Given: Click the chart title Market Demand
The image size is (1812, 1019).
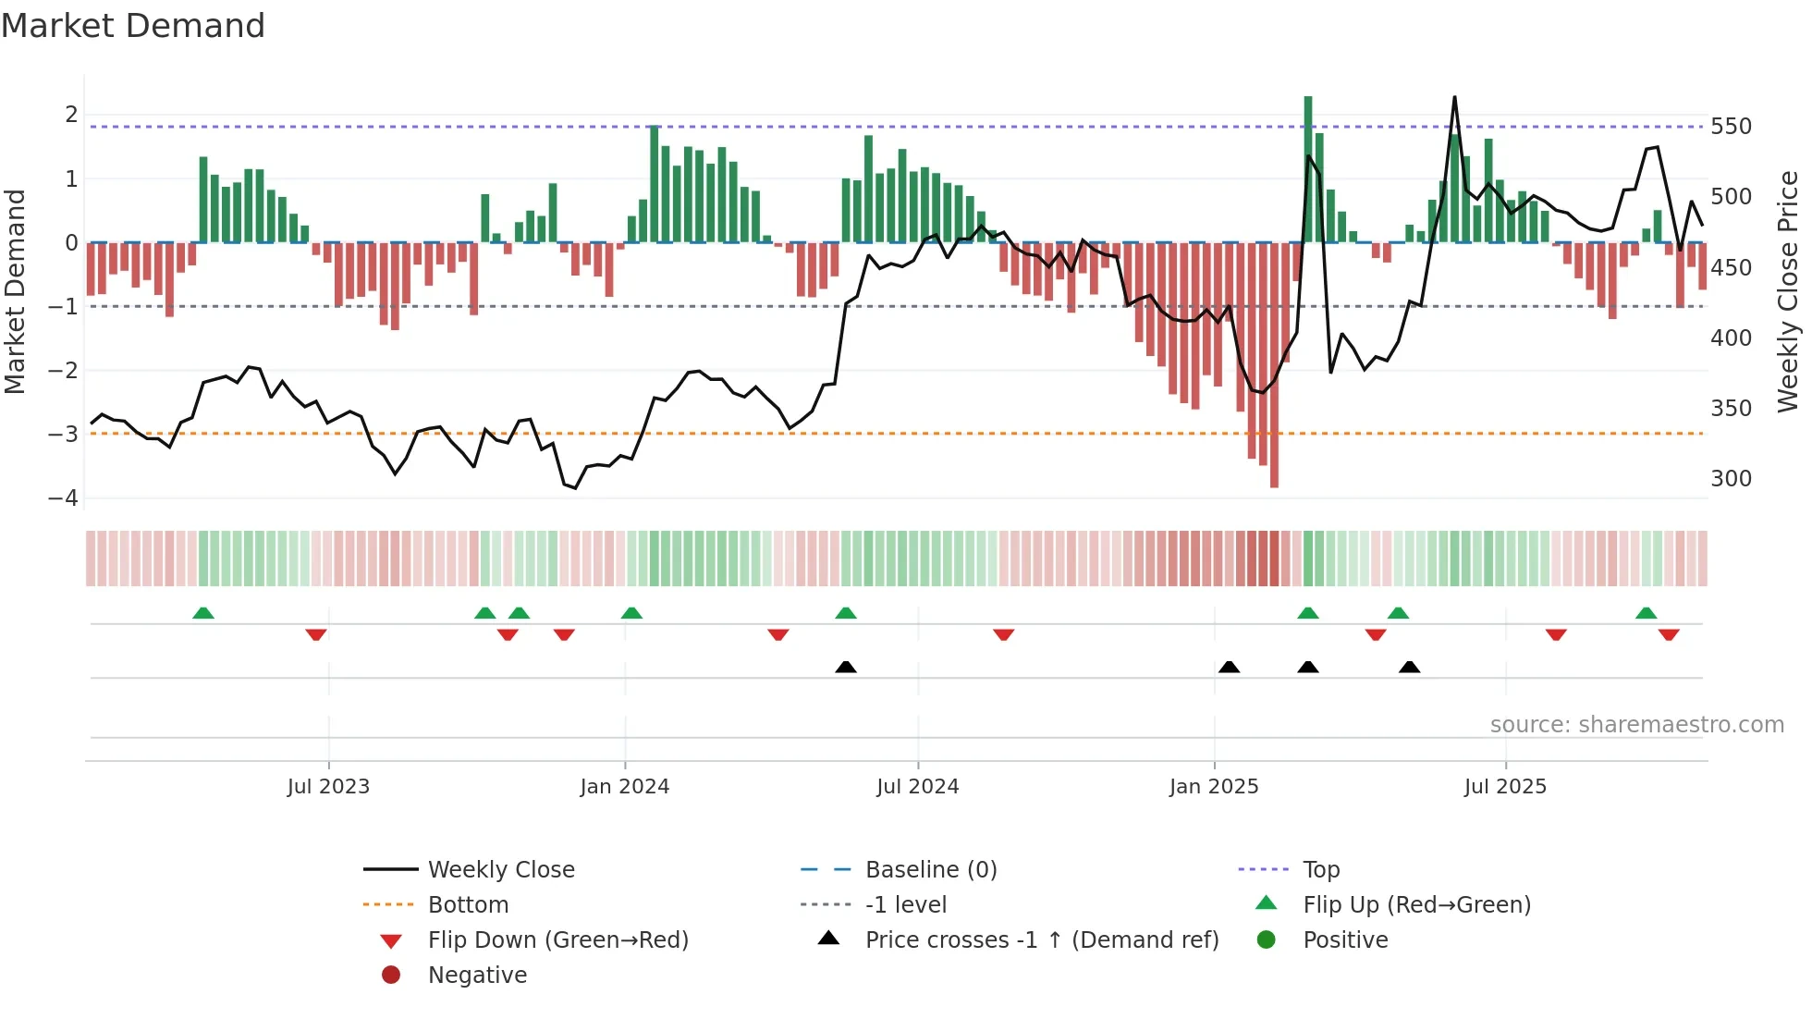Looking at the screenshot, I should coord(133,26).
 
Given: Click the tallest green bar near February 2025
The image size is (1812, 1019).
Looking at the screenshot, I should coord(1307,166).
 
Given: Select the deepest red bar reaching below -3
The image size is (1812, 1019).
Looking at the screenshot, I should coord(1274,370).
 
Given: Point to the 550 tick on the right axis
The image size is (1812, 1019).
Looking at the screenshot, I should coord(1731,127).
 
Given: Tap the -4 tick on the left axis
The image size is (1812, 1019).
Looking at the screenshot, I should coord(64,497).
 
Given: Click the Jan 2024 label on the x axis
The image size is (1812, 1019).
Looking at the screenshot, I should coord(624,787).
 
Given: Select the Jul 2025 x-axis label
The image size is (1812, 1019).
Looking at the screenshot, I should coord(1504,787).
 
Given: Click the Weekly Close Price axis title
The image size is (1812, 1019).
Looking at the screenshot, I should coord(1788,291).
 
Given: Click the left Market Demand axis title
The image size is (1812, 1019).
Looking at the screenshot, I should coord(16,291).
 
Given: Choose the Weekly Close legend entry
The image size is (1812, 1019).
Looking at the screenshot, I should coord(500,870).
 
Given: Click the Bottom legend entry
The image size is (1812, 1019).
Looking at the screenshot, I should coord(468,905).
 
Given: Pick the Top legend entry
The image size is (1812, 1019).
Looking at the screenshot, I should coord(1321,870).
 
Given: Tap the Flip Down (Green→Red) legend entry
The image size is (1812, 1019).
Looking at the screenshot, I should coord(557,940).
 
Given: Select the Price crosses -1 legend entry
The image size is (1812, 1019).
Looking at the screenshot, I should coord(1041,940).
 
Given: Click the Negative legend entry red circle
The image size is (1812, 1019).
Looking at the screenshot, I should coord(391,976).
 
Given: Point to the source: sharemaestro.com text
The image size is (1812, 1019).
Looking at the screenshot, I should coord(1636,725).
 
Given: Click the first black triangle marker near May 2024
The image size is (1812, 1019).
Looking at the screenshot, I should coord(845,667).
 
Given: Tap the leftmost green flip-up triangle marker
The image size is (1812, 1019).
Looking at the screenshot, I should coord(203,613).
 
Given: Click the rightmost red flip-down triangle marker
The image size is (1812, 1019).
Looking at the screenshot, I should coord(1668,634).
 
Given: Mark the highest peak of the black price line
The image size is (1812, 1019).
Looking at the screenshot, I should coord(1454,98).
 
